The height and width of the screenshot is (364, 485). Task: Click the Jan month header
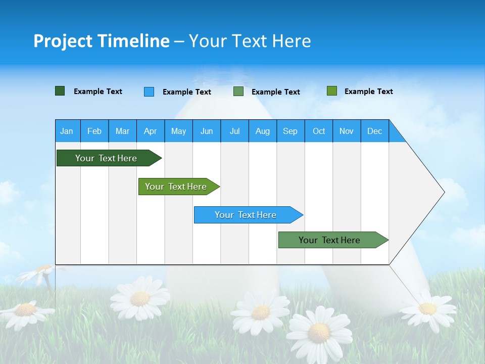pyautogui.click(x=67, y=131)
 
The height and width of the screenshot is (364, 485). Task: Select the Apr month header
pyautogui.click(x=150, y=131)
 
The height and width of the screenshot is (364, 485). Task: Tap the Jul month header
pyautogui.click(x=234, y=131)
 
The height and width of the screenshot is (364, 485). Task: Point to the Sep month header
pyautogui.click(x=290, y=131)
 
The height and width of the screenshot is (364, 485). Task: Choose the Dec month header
pyautogui.click(x=374, y=131)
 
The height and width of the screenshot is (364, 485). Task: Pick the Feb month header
pyautogui.click(x=94, y=131)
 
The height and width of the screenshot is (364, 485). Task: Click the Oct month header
pyautogui.click(x=319, y=131)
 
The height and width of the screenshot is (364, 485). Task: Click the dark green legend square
pyautogui.click(x=60, y=91)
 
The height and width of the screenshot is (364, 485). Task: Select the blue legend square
pyautogui.click(x=149, y=92)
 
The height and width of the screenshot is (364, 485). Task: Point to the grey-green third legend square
pyautogui.click(x=238, y=92)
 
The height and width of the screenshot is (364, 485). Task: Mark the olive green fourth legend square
pyautogui.click(x=332, y=91)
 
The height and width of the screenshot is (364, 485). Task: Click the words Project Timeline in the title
pyautogui.click(x=101, y=41)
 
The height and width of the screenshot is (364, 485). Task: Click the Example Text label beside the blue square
pyautogui.click(x=186, y=92)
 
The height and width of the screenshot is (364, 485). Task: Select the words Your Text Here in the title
pyautogui.click(x=250, y=41)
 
